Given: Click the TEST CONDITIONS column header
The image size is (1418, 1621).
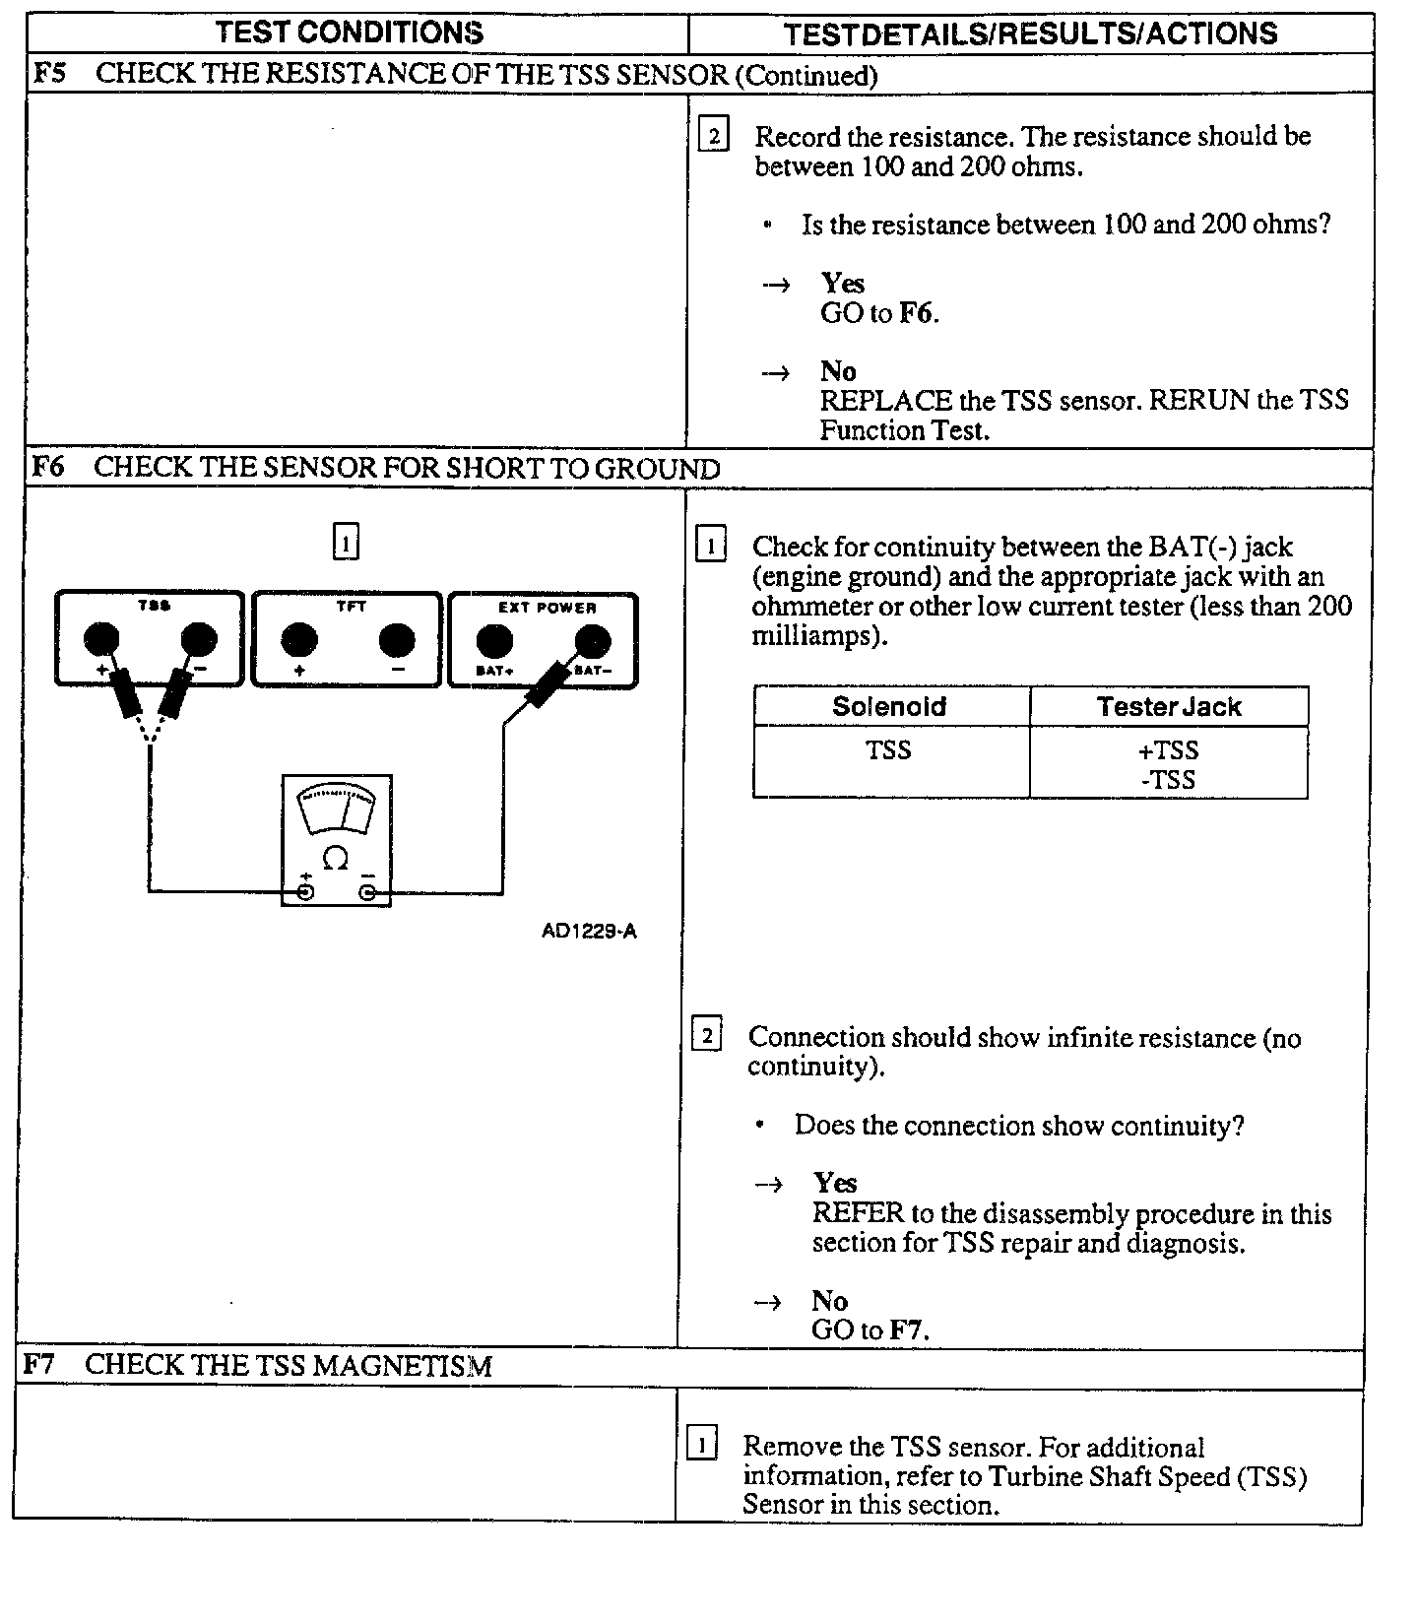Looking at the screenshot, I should pos(350,32).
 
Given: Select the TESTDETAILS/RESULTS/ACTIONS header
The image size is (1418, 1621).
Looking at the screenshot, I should pos(1030,34).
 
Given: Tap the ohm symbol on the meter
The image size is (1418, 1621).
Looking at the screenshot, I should pos(335,860).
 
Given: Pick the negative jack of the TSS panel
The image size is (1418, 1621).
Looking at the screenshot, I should pos(198,639).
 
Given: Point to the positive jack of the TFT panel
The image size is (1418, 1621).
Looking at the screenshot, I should pos(298,641).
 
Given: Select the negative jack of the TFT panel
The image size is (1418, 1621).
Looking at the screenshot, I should pos(396,641).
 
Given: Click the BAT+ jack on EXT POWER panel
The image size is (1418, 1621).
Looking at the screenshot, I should pos(493,641).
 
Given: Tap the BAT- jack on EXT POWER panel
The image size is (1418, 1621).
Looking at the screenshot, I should pos(592,641).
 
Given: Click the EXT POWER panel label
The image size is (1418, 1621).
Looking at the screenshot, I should pos(547,608).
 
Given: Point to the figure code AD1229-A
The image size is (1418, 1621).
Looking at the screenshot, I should pos(589,931).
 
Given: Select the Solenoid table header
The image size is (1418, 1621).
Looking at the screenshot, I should pos(889,706).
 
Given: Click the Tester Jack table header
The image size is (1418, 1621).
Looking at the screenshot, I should pos(1169,706).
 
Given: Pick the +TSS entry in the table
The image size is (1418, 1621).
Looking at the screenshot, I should pos(1168,750).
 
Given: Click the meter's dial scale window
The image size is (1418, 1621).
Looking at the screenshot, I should pos(337,810).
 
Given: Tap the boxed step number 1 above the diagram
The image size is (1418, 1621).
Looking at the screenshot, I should pos(346,542).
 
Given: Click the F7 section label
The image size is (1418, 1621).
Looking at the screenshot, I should pos(38,1364).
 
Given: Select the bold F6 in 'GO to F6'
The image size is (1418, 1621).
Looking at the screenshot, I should pos(916,313).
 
